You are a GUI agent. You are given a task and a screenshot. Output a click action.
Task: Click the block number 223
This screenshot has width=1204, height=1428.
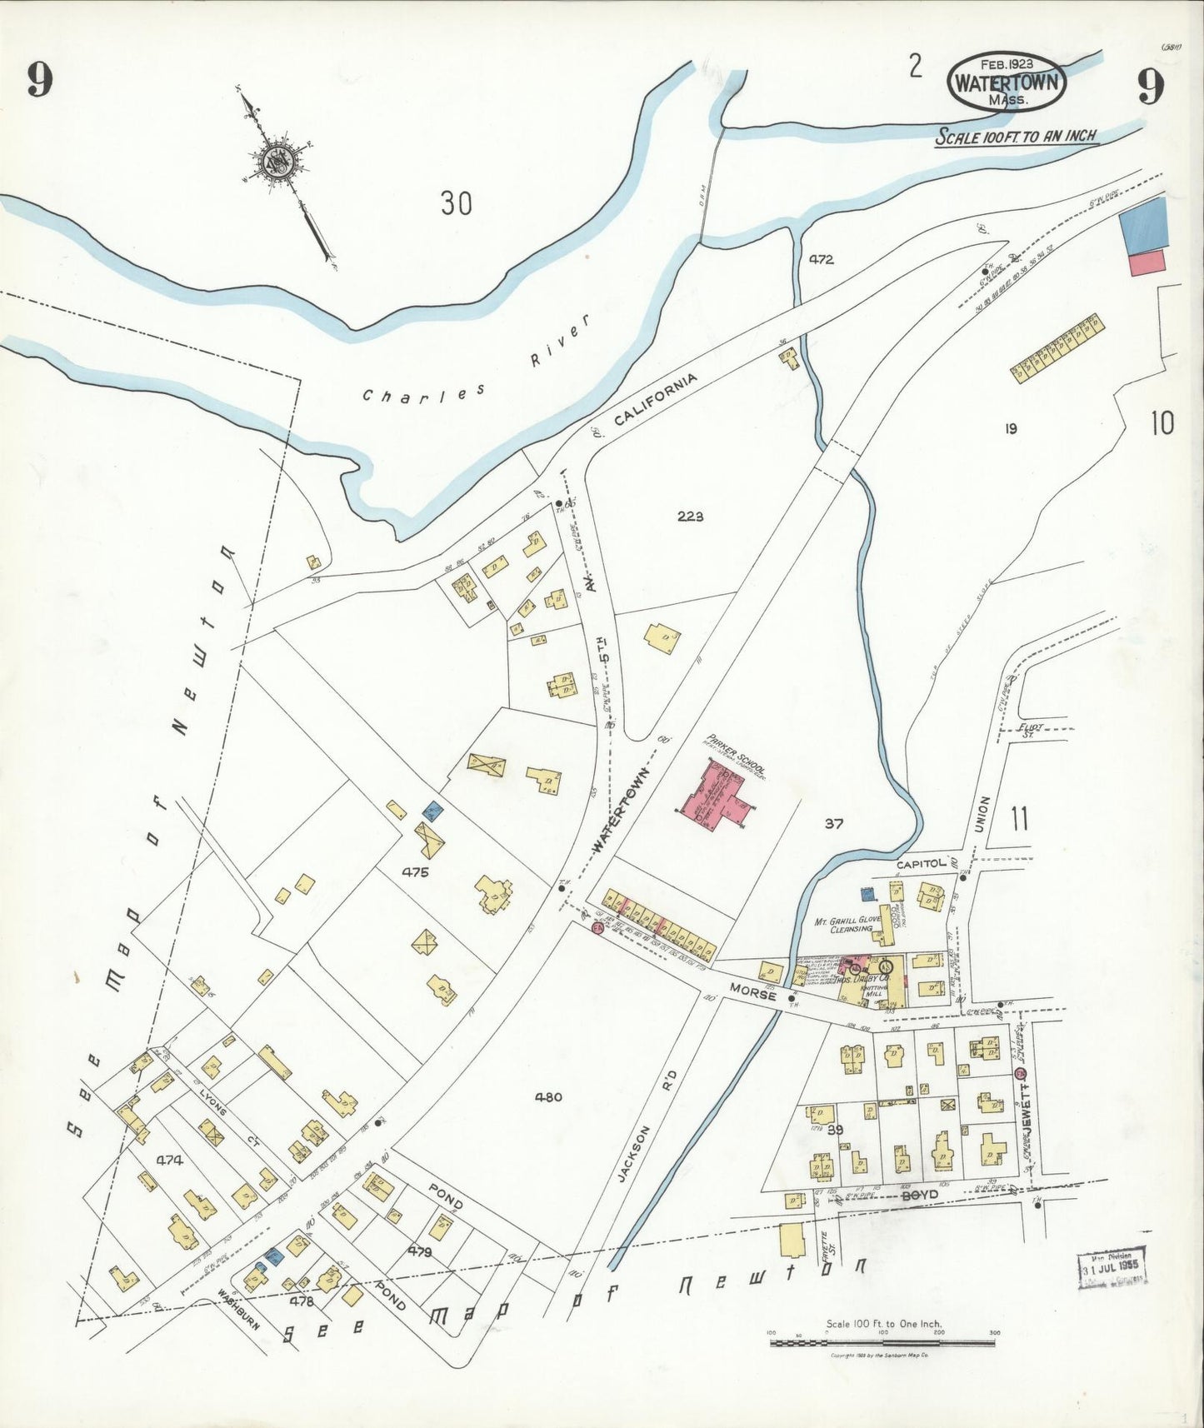click(x=690, y=517)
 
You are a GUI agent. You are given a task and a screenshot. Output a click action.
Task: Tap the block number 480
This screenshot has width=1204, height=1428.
click(x=547, y=1096)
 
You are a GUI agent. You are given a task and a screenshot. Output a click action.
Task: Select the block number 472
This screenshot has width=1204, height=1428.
click(x=820, y=259)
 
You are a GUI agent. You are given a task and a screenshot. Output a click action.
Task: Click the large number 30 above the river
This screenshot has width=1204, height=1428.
click(x=456, y=202)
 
